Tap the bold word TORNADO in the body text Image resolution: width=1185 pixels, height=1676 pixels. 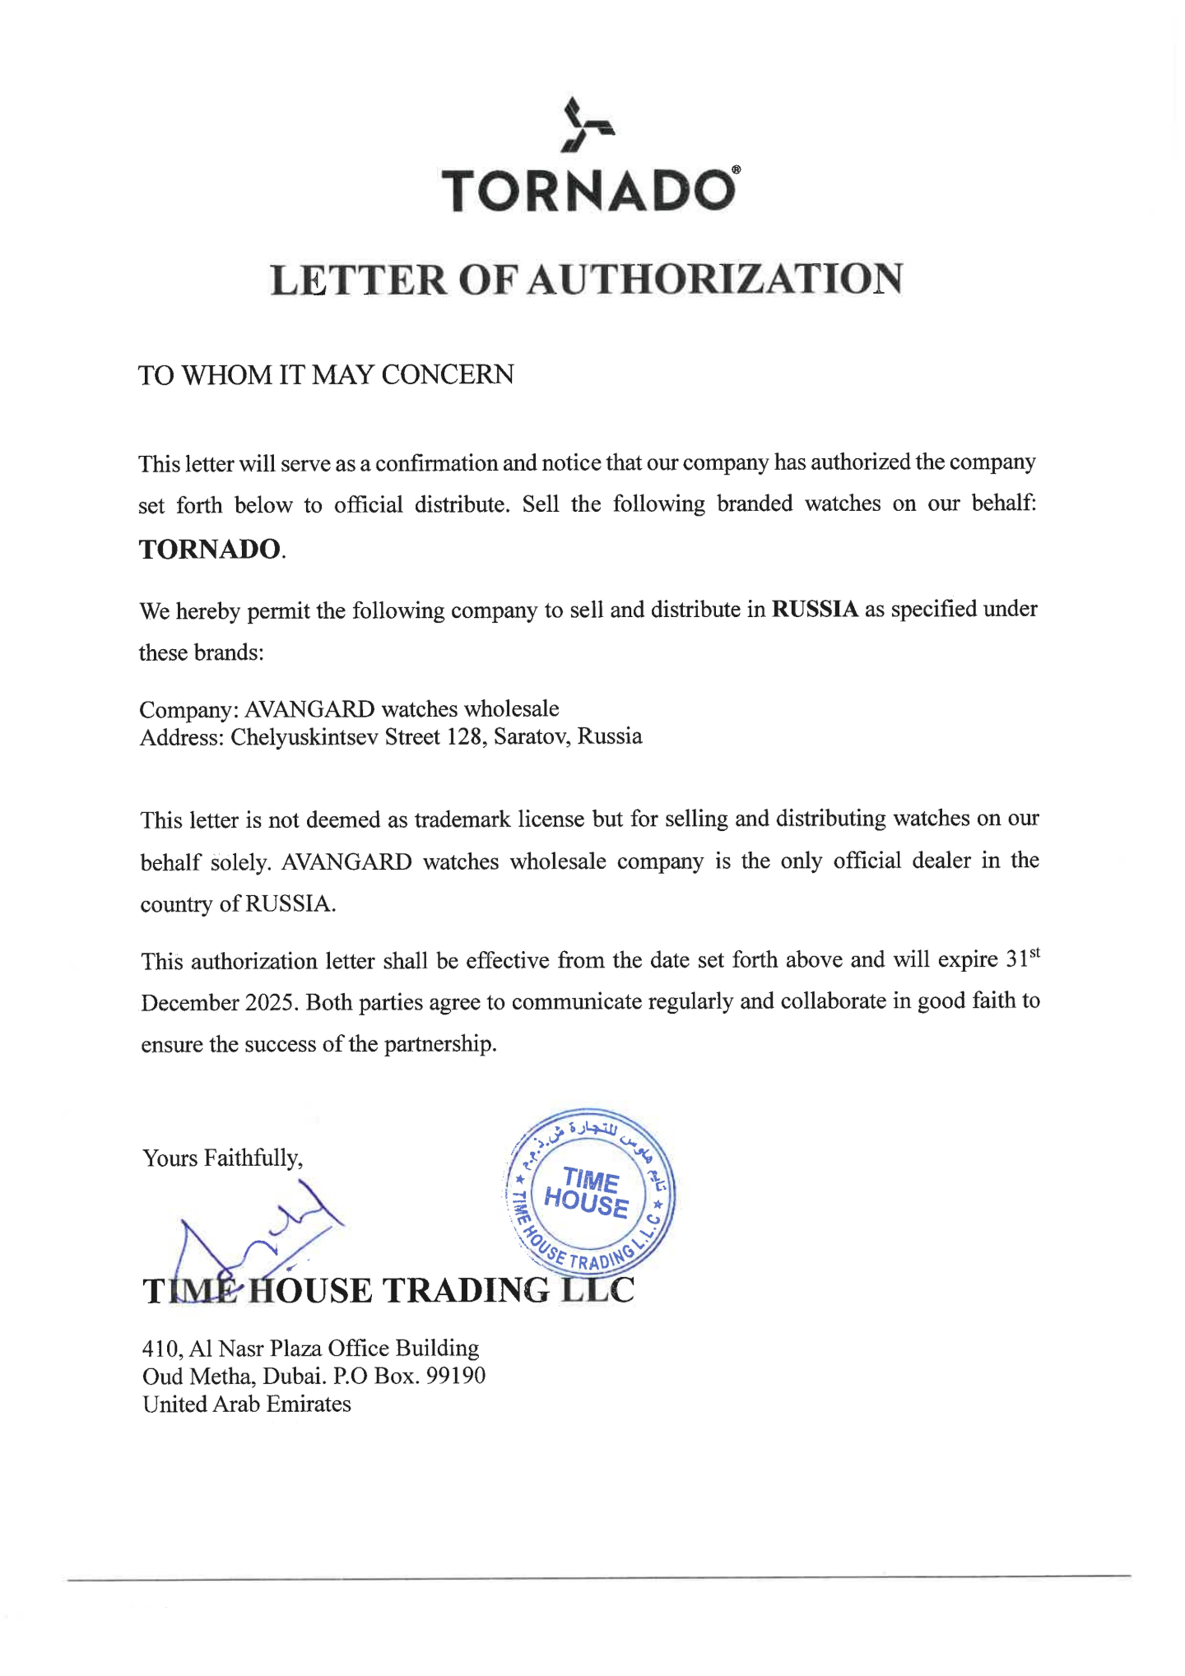click(210, 549)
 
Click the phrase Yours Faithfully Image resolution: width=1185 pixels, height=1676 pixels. click(222, 1159)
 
